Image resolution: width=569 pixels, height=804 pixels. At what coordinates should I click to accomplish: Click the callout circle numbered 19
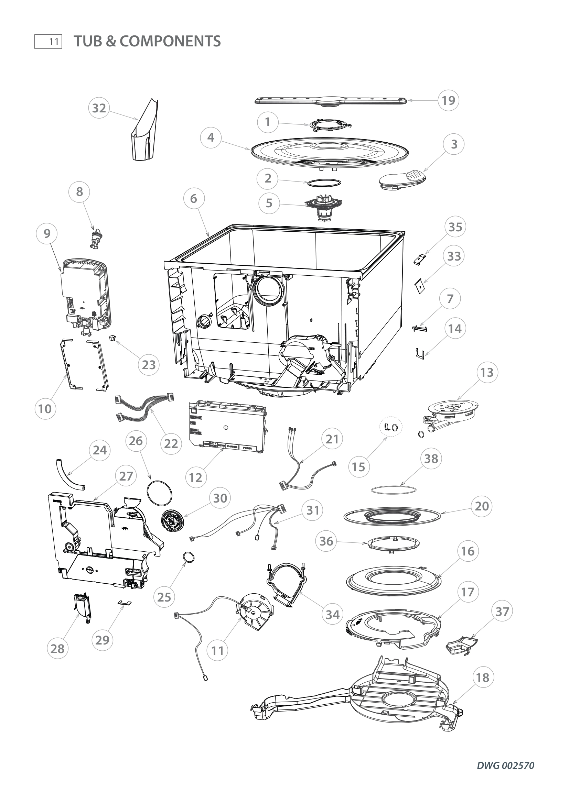(x=449, y=100)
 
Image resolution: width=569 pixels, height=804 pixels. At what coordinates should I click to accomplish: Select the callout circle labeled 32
(x=99, y=108)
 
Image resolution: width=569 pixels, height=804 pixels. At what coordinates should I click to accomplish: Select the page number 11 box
(x=49, y=42)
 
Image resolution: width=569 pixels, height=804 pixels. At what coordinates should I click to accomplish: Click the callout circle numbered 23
(x=149, y=365)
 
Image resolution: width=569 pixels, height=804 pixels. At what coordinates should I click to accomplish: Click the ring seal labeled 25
(x=189, y=558)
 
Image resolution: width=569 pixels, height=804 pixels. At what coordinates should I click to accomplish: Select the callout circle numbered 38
(x=431, y=459)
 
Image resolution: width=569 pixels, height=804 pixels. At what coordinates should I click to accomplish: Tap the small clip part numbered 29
(x=125, y=602)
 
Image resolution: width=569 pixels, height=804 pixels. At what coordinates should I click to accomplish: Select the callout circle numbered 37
(x=502, y=612)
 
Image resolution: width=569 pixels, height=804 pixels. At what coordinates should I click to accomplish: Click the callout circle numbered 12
(x=195, y=477)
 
